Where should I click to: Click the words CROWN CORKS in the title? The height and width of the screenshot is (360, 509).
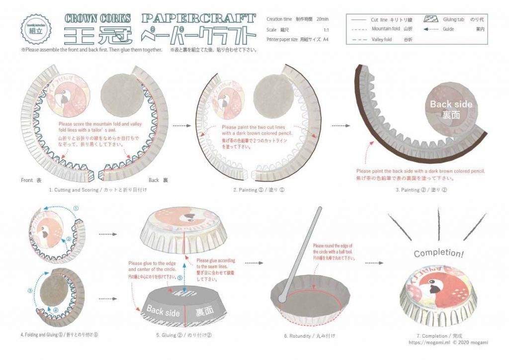point(98,19)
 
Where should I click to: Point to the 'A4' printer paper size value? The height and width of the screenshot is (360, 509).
point(326,39)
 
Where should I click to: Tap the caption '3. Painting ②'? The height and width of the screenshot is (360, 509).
point(422,190)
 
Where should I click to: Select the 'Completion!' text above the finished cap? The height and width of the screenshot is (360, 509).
point(439,253)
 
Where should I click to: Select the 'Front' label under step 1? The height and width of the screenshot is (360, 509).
point(28,180)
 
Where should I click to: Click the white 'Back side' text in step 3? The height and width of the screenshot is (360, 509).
point(451,104)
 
